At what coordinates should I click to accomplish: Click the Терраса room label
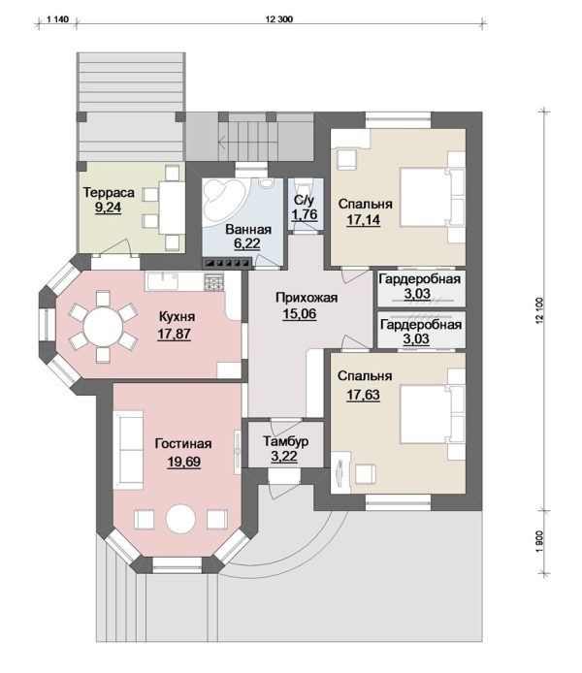tap(109, 193)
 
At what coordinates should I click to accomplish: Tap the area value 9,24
tap(109, 208)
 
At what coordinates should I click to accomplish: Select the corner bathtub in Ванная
tap(224, 201)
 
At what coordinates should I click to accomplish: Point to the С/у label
tap(305, 201)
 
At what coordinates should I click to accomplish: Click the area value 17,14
tap(363, 220)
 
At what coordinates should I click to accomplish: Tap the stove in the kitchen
tap(213, 282)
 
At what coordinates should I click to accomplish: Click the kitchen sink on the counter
tap(162, 281)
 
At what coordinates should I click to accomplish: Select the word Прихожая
tap(307, 298)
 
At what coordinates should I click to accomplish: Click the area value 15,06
tap(300, 314)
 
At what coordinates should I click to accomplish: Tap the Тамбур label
tap(286, 441)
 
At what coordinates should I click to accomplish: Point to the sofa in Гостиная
tap(128, 450)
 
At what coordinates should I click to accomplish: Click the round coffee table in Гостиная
tap(180, 519)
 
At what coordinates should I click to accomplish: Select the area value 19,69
tap(183, 462)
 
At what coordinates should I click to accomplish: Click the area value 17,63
tap(363, 395)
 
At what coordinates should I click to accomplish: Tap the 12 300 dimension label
tap(279, 19)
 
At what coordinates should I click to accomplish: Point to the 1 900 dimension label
tap(540, 542)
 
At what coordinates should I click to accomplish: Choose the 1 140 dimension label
tap(56, 19)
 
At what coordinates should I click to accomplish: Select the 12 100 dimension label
tap(540, 310)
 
